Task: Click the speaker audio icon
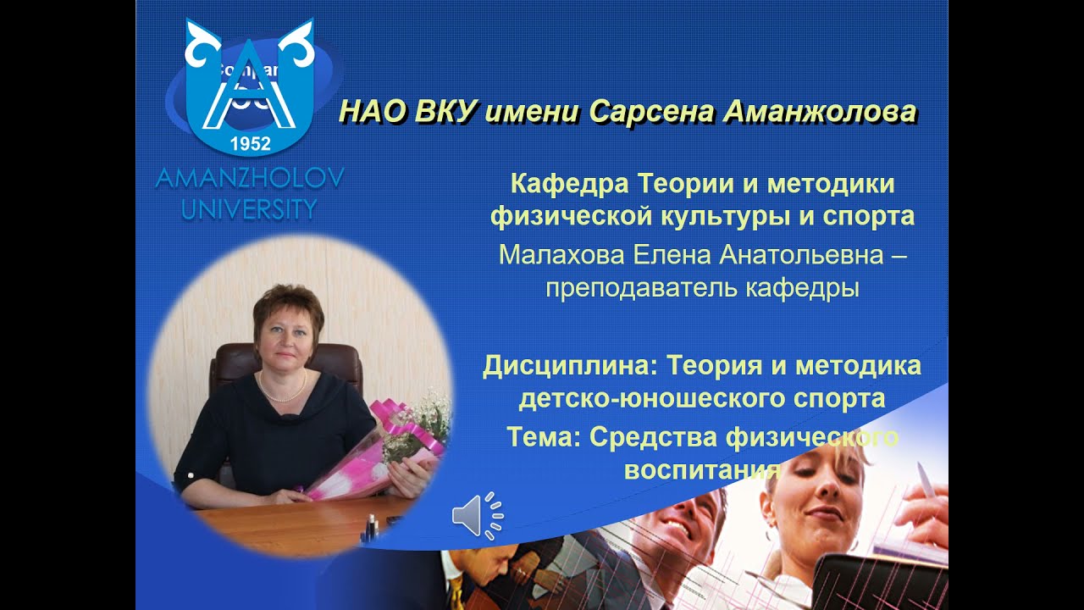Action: point(477,514)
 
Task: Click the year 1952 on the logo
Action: point(250,143)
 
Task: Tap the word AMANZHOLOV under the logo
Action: point(250,179)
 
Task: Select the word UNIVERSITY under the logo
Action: point(250,208)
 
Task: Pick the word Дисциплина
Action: point(569,367)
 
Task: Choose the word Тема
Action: point(539,437)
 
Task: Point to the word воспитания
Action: point(701,469)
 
